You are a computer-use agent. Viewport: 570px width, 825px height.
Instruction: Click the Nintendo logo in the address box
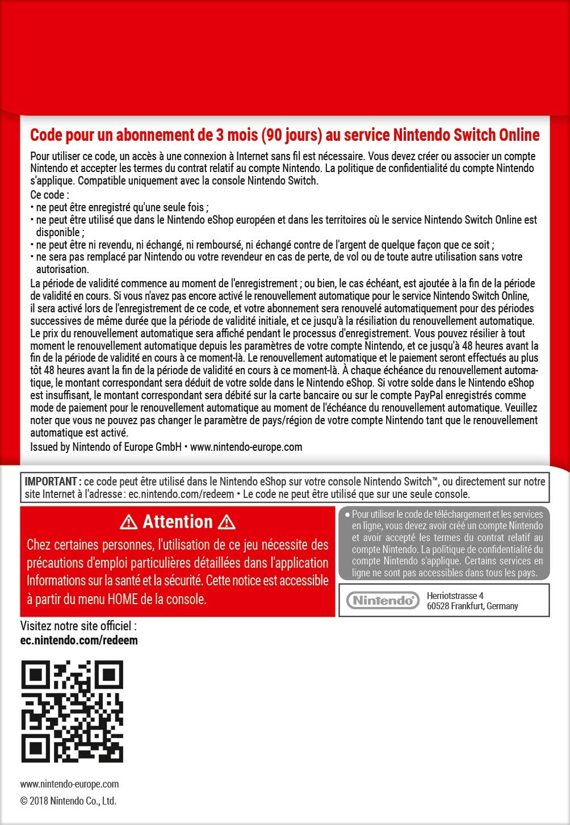[x=383, y=600]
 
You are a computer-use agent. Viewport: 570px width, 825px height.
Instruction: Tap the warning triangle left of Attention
[x=129, y=522]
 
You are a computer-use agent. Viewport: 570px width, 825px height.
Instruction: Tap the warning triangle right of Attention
[x=227, y=522]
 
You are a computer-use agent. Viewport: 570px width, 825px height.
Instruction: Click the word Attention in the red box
[x=178, y=522]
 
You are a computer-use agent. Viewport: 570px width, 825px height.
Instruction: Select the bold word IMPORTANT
[x=49, y=481]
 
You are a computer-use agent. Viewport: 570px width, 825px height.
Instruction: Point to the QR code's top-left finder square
[x=36, y=675]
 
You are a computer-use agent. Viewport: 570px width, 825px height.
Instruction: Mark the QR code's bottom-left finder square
[x=36, y=747]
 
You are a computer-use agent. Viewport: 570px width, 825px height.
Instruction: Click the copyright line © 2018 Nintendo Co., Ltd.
[x=68, y=801]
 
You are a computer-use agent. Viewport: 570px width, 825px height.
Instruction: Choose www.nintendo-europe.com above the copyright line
[x=69, y=784]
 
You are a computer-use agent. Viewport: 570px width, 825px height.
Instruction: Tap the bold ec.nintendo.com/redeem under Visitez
[x=79, y=640]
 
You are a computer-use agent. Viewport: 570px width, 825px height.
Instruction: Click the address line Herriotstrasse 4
[x=455, y=596]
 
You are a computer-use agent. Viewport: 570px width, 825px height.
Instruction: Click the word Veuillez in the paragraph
[x=521, y=408]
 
